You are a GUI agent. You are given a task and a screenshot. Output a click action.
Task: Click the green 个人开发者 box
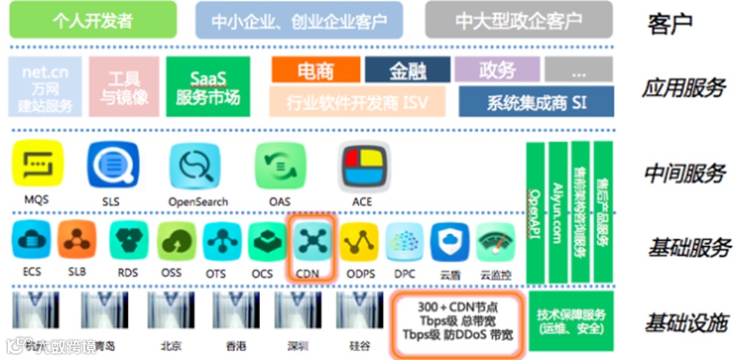pyautogui.click(x=93, y=20)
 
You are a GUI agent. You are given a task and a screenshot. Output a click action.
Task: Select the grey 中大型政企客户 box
pyautogui.click(x=518, y=20)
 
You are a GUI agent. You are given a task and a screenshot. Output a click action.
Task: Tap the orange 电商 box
pyautogui.click(x=316, y=71)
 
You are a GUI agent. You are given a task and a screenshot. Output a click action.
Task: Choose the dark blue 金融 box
pyautogui.click(x=407, y=71)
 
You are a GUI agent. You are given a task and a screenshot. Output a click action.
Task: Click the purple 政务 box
pyautogui.click(x=497, y=70)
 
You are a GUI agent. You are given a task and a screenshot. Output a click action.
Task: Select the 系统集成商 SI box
pyautogui.click(x=536, y=102)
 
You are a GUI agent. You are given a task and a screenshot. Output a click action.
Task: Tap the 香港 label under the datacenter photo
pyautogui.click(x=236, y=345)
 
